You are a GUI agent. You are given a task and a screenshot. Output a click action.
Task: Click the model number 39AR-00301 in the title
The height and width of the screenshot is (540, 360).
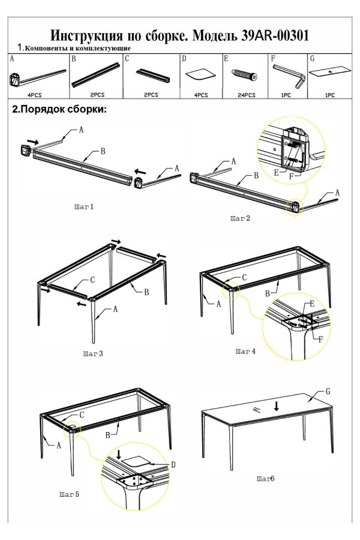(x=274, y=35)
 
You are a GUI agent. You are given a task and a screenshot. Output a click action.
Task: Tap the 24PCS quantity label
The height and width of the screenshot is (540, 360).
(x=245, y=95)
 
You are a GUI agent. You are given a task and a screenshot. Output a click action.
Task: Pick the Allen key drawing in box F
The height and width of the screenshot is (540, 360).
(x=287, y=76)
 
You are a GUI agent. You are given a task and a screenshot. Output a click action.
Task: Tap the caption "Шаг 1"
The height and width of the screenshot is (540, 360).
(x=84, y=207)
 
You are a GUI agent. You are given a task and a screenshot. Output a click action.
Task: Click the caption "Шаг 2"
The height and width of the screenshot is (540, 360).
(x=239, y=218)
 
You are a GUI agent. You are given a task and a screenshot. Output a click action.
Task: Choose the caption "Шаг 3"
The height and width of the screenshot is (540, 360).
(x=93, y=354)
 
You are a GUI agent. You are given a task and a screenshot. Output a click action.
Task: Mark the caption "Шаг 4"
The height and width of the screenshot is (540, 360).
(x=245, y=351)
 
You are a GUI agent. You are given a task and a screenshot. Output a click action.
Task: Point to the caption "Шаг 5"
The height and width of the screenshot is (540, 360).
(x=69, y=494)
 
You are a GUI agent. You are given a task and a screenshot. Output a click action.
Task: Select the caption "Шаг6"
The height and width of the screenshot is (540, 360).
(x=265, y=479)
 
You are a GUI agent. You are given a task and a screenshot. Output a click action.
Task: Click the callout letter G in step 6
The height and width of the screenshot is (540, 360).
(x=328, y=391)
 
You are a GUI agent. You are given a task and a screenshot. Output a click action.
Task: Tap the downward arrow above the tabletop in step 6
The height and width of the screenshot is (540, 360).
(x=276, y=406)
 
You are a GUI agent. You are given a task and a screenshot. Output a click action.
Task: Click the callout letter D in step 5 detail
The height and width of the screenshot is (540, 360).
(x=173, y=464)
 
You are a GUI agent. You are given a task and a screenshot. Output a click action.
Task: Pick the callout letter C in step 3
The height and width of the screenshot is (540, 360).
(x=92, y=280)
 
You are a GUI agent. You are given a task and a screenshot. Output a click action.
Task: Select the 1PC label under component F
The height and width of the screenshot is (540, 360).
(x=286, y=95)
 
